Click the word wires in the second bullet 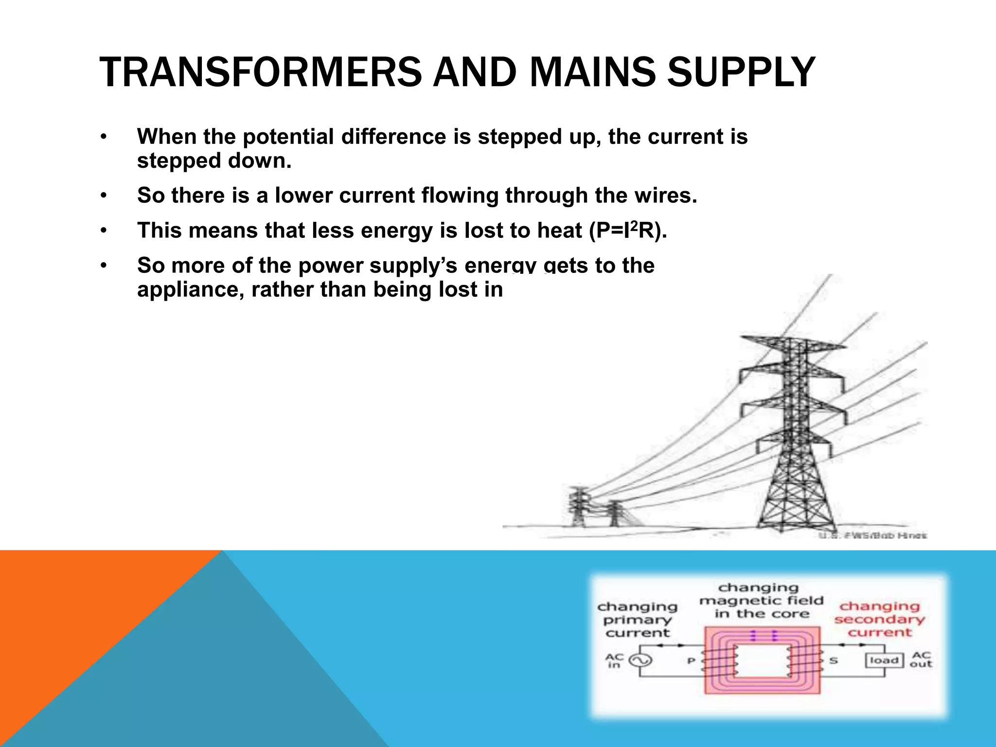tap(665, 196)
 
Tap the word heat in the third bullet tap(559, 231)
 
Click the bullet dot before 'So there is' tap(103, 196)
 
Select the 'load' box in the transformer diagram tap(884, 660)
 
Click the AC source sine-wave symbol tap(640, 660)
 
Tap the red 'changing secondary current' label tap(879, 619)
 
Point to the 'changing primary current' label tap(637, 620)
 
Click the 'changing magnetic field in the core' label tap(761, 601)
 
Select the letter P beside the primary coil tap(691, 661)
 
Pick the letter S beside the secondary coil tap(833, 661)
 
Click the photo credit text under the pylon tap(872, 535)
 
